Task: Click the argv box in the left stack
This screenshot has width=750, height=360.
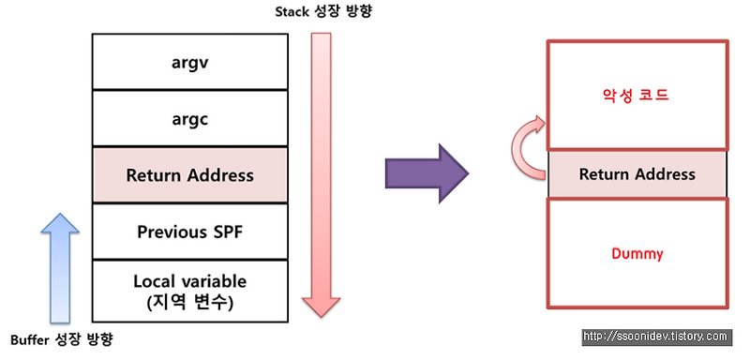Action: pyautogui.click(x=189, y=61)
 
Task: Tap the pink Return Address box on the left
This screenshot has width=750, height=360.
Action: pyautogui.click(x=189, y=174)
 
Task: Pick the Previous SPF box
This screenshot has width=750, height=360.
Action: pyautogui.click(x=189, y=231)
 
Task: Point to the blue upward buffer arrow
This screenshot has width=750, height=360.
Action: pyautogui.click(x=57, y=265)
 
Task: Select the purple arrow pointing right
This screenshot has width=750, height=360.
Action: pyautogui.click(x=426, y=173)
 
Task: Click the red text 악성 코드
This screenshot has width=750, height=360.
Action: pyautogui.click(x=637, y=95)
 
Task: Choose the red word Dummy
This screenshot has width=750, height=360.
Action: pyautogui.click(x=637, y=253)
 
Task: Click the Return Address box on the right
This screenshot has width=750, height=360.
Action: pyautogui.click(x=637, y=174)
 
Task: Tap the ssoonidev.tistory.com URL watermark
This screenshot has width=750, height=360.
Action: pyautogui.click(x=655, y=336)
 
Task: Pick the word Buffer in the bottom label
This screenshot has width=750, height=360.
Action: pyautogui.click(x=29, y=338)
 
